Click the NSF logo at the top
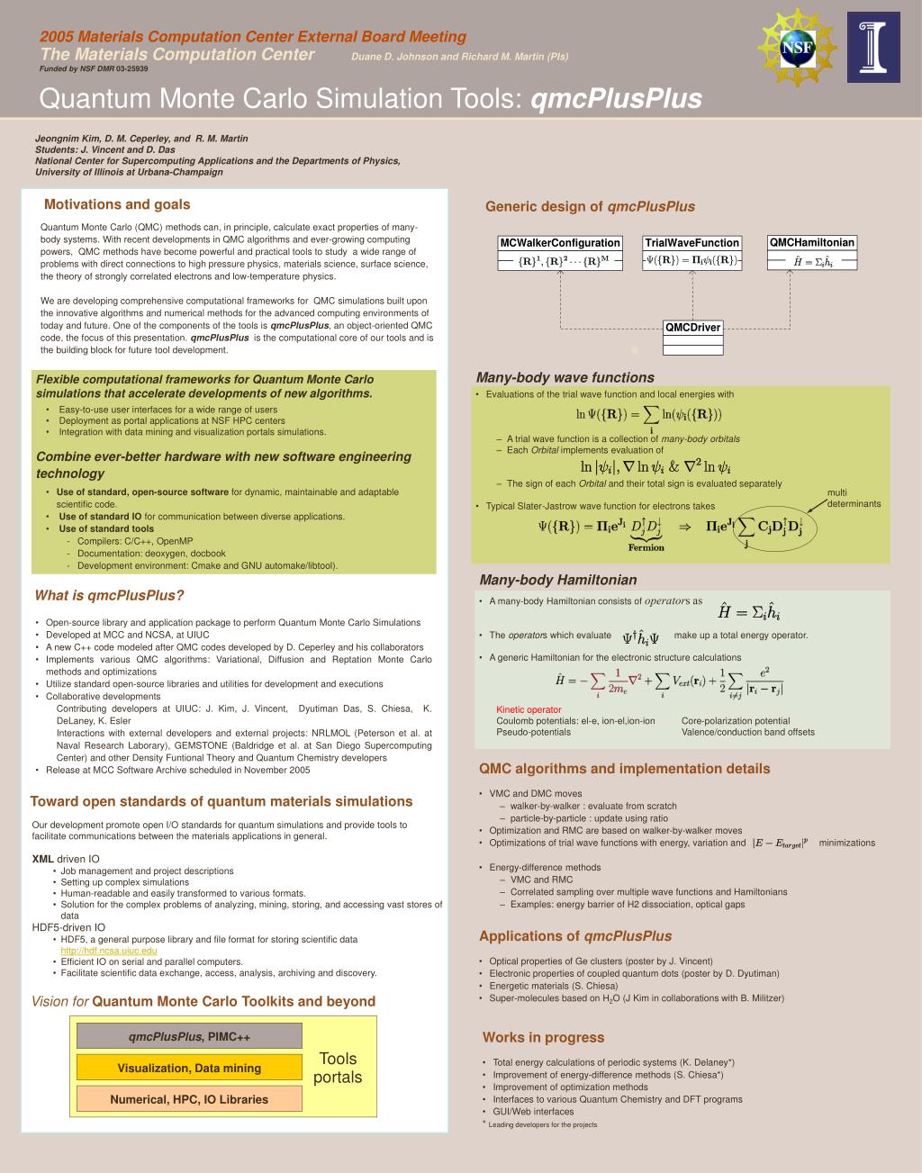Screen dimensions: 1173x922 pyautogui.click(x=797, y=48)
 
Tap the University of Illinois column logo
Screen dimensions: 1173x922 pyautogui.click(x=872, y=47)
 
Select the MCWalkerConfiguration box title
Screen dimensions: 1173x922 pyautogui.click(x=560, y=243)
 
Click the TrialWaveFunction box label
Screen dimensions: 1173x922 pyautogui.click(x=691, y=243)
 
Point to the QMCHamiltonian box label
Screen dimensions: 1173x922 pyautogui.click(x=811, y=242)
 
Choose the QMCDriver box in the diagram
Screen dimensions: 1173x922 pyautogui.click(x=692, y=328)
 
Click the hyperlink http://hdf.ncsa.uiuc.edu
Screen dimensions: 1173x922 pyautogui.click(x=109, y=951)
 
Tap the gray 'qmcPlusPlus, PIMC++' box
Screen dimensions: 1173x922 pyautogui.click(x=189, y=1036)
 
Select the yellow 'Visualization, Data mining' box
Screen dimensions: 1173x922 pyautogui.click(x=189, y=1068)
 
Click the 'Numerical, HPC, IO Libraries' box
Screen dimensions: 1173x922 pyautogui.click(x=189, y=1099)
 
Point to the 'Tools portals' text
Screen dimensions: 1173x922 pyautogui.click(x=338, y=1068)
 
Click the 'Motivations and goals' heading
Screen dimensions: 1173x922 pyautogui.click(x=117, y=204)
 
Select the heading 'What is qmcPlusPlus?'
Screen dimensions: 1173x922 pyautogui.click(x=109, y=595)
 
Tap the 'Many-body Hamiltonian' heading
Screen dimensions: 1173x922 pyautogui.click(x=557, y=580)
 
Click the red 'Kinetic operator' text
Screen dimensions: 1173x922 pyautogui.click(x=529, y=709)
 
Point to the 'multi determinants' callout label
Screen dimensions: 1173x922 pyautogui.click(x=853, y=498)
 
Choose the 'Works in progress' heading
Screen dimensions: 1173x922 pyautogui.click(x=543, y=1037)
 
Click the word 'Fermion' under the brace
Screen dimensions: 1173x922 pyautogui.click(x=646, y=547)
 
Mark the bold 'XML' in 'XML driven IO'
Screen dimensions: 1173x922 pyautogui.click(x=42, y=859)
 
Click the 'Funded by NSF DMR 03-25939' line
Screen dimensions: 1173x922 pyautogui.click(x=94, y=68)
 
